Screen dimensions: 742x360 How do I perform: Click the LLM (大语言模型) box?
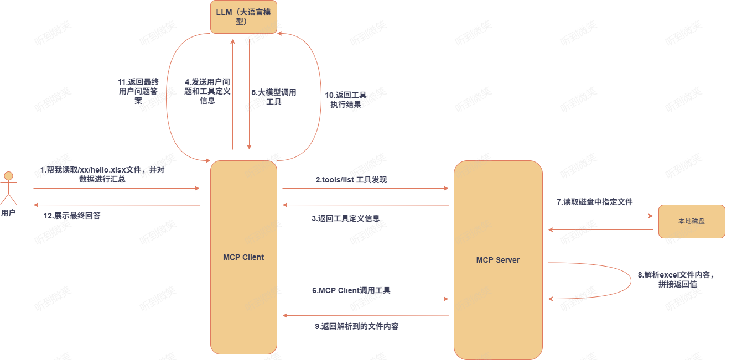(x=243, y=17)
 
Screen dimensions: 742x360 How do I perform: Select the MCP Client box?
(x=243, y=257)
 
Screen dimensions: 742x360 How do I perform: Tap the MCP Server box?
(x=498, y=260)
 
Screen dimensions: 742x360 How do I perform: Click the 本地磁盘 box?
(x=692, y=221)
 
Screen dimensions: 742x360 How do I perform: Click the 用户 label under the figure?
(x=8, y=213)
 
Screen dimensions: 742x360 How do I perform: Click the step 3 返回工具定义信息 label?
(x=346, y=218)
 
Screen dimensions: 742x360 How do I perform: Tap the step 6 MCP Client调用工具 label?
(x=351, y=290)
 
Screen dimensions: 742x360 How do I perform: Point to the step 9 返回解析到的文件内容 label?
(x=357, y=326)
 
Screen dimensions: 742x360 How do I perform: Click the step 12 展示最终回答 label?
(x=72, y=216)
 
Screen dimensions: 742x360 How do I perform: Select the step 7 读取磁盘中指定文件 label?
(x=595, y=202)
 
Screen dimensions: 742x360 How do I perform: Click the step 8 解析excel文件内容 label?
(x=676, y=279)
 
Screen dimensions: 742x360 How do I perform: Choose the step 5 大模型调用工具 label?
(x=274, y=97)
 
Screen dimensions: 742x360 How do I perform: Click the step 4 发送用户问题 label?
(x=207, y=91)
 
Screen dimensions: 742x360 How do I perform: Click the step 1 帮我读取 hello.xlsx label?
(x=102, y=174)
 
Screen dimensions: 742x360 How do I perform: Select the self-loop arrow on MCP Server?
(x=630, y=281)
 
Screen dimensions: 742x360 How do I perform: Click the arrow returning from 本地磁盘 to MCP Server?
(x=600, y=229)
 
